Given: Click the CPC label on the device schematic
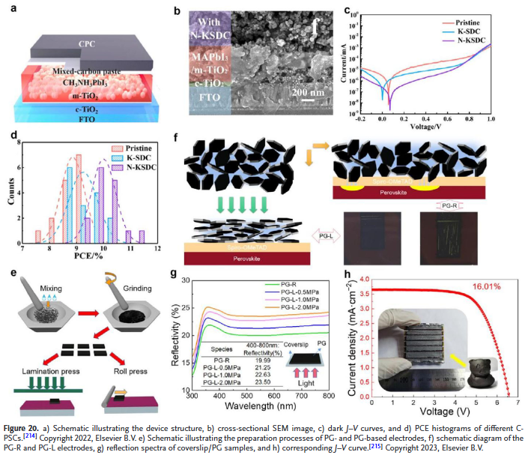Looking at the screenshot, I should [88, 44].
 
